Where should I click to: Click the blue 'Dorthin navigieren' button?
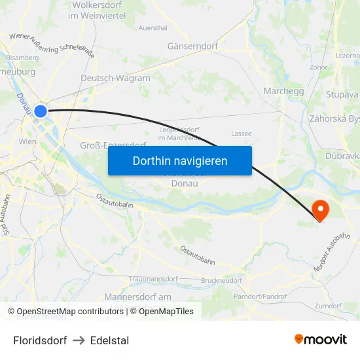point(179,160)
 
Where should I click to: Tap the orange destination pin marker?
point(320,210)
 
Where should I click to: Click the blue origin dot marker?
point(41,111)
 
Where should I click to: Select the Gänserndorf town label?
point(193,46)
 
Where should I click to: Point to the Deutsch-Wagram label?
point(115,78)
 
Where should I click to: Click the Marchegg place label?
point(283,91)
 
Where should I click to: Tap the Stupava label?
point(342,94)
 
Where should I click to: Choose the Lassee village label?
point(241,134)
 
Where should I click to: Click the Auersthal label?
point(153,28)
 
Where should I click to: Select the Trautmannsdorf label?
point(154,279)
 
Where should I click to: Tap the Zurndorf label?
point(328,306)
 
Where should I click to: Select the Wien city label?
point(27,141)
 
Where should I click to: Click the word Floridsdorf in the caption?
point(40,340)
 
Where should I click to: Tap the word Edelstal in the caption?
point(110,340)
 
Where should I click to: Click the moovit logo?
point(320,339)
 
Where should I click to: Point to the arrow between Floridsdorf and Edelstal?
point(79,340)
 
